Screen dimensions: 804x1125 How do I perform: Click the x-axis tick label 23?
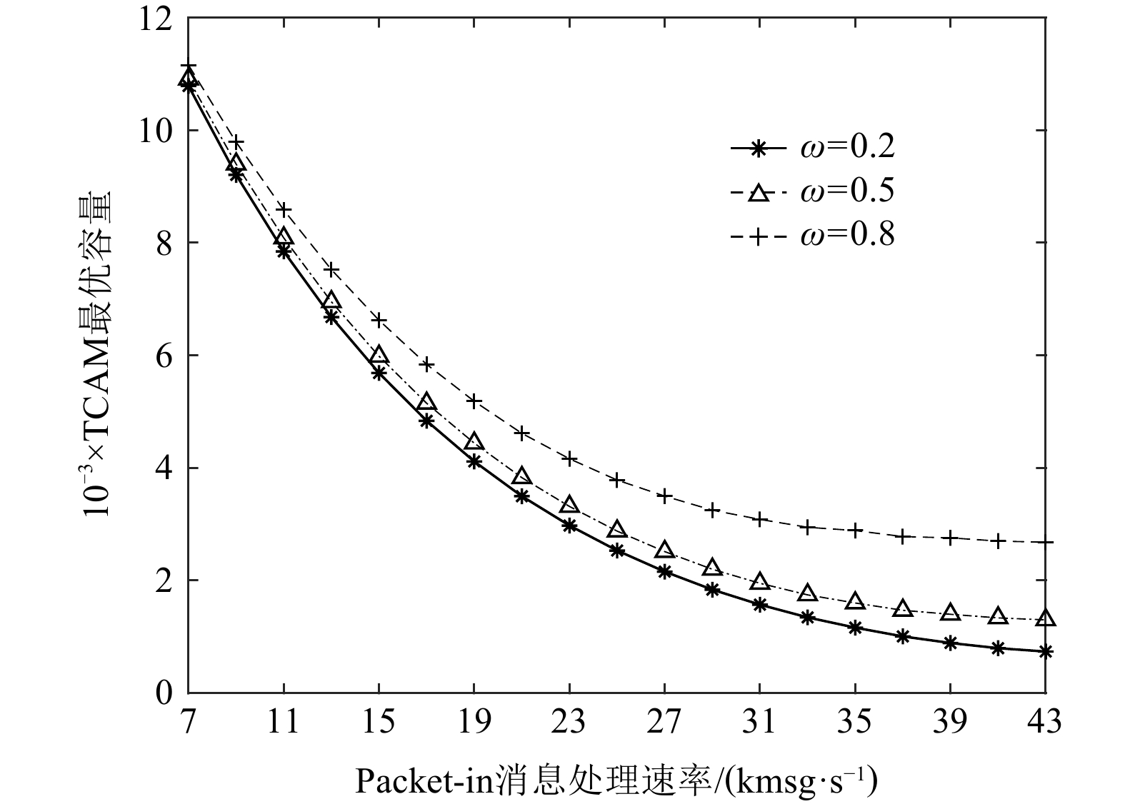(569, 723)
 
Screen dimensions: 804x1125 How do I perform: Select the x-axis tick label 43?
(1045, 723)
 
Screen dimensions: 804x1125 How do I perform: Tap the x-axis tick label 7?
(188, 723)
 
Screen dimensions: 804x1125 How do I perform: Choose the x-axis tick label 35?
(855, 723)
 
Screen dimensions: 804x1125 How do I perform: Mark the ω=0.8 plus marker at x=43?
(1045, 543)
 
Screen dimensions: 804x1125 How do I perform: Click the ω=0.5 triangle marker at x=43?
(1045, 618)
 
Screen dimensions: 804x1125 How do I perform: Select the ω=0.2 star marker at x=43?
(1045, 652)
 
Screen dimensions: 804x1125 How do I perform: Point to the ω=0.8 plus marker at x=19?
(474, 401)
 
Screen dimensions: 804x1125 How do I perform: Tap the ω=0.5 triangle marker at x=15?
(379, 356)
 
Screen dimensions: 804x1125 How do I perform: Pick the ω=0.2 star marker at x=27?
(664, 571)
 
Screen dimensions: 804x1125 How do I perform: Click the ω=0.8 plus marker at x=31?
(759, 519)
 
